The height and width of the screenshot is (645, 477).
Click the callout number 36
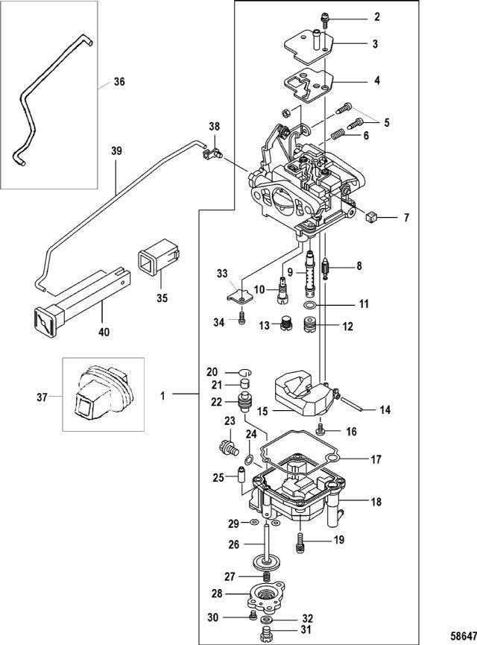120,83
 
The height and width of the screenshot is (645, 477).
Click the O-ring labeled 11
311,306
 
